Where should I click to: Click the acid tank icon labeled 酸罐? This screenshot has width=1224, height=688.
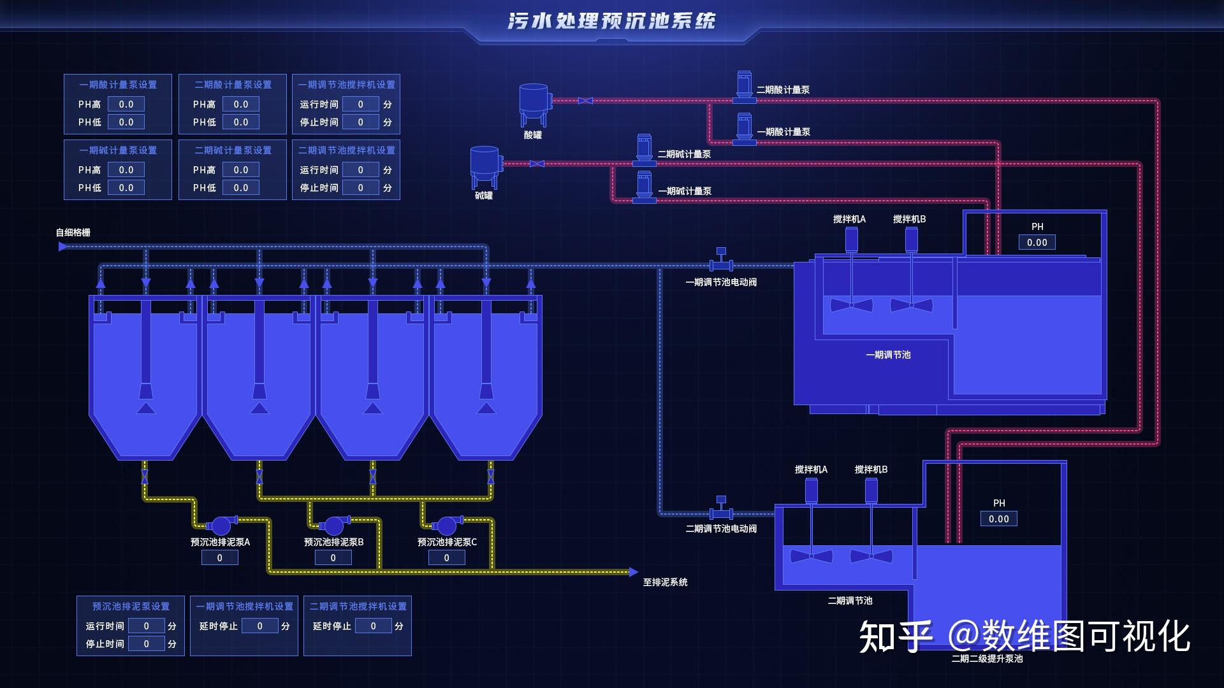pos(534,104)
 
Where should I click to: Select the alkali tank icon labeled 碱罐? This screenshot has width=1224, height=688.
pos(485,167)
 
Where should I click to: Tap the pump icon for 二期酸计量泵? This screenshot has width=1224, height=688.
pos(744,87)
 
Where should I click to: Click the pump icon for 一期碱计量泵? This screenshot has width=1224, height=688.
pos(645,187)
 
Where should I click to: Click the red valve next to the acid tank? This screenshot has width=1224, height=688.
pos(585,101)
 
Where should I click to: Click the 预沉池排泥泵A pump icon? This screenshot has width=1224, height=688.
pos(221,526)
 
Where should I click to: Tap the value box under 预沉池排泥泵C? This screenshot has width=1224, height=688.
pos(446,558)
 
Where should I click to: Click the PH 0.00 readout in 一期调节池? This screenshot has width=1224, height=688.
pos(1037,243)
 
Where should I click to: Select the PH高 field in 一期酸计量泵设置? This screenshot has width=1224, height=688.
pos(126,104)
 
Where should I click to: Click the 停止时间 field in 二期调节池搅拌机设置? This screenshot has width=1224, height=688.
pos(360,188)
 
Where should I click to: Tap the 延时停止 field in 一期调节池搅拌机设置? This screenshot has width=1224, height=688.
pos(259,626)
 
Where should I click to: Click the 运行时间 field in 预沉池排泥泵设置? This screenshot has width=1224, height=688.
pos(146,626)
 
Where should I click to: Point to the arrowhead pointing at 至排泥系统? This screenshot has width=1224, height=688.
pos(633,572)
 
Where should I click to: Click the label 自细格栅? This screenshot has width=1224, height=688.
pos(73,233)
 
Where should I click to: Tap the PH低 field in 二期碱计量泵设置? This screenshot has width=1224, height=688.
pos(241,188)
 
